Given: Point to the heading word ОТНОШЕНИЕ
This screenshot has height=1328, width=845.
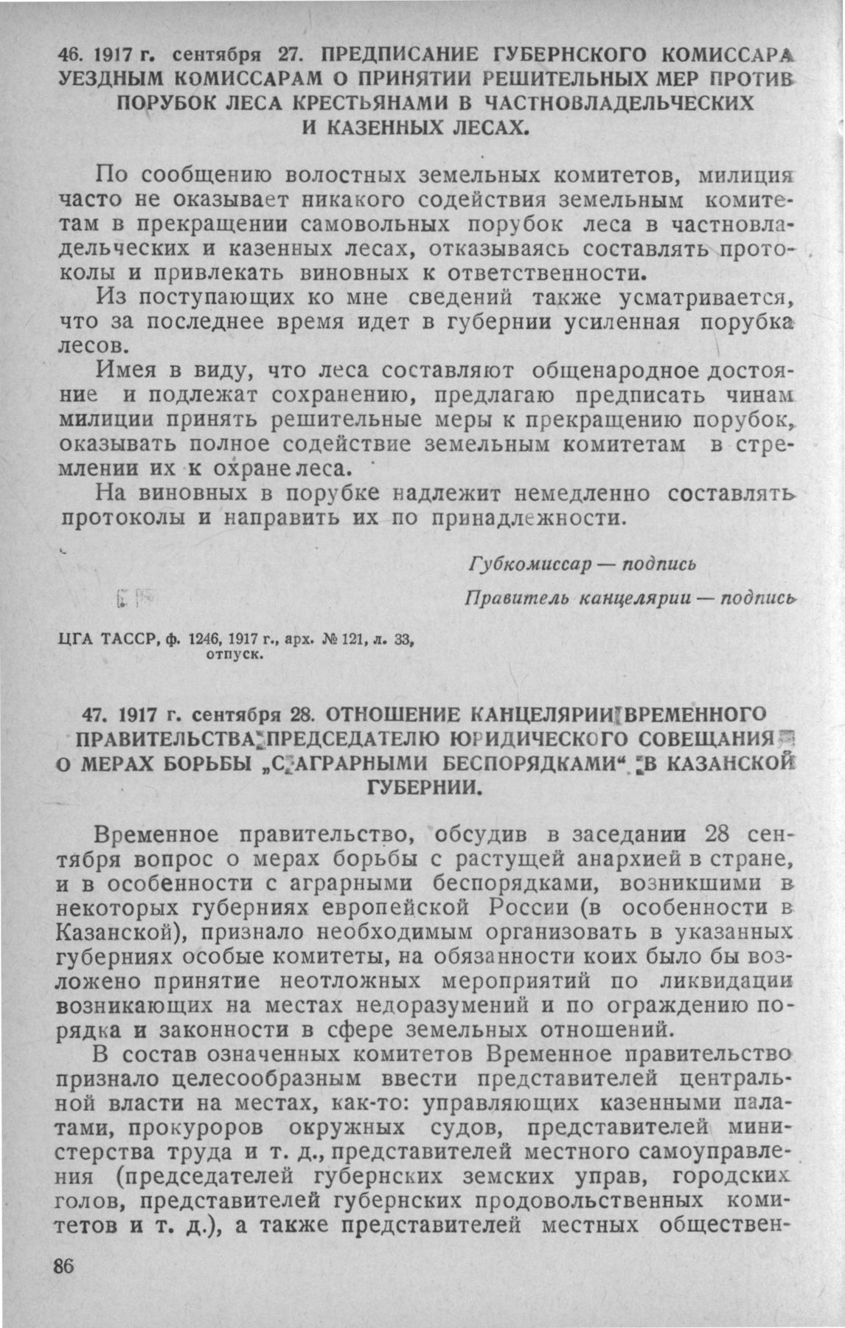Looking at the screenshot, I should coord(393,714).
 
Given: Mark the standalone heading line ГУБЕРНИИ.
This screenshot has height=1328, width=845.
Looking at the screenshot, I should coord(424,787).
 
